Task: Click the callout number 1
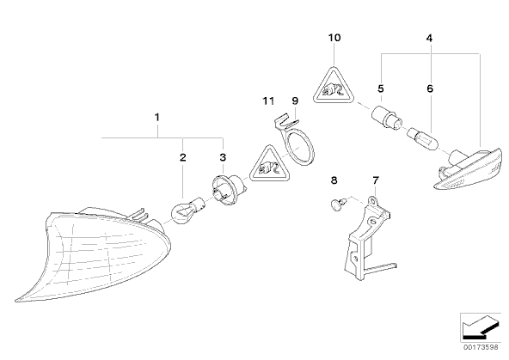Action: [157, 117]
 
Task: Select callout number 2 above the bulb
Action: [183, 157]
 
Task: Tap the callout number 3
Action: [223, 157]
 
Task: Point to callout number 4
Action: [430, 39]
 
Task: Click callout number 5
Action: [381, 88]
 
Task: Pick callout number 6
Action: [430, 88]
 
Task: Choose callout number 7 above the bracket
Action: [376, 180]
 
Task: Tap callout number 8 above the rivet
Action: [334, 180]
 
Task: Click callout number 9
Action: [295, 101]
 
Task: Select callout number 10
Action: [334, 38]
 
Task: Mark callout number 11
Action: [268, 101]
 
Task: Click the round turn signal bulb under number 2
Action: [187, 211]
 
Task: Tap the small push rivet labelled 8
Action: [338, 204]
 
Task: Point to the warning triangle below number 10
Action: [334, 88]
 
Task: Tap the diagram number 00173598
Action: [481, 347]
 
